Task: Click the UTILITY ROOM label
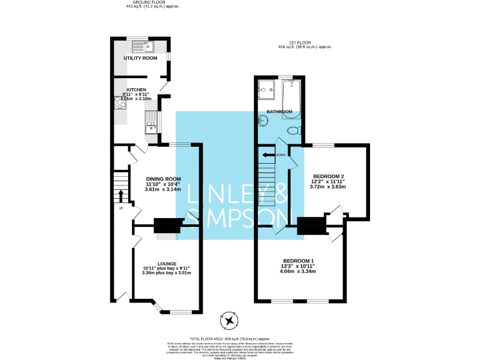140,57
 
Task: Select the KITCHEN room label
137,89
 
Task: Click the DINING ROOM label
163,179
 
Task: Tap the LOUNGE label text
166,264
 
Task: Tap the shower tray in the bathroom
266,90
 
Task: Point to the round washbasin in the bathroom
262,121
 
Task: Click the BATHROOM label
279,112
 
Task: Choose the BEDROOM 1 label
298,261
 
